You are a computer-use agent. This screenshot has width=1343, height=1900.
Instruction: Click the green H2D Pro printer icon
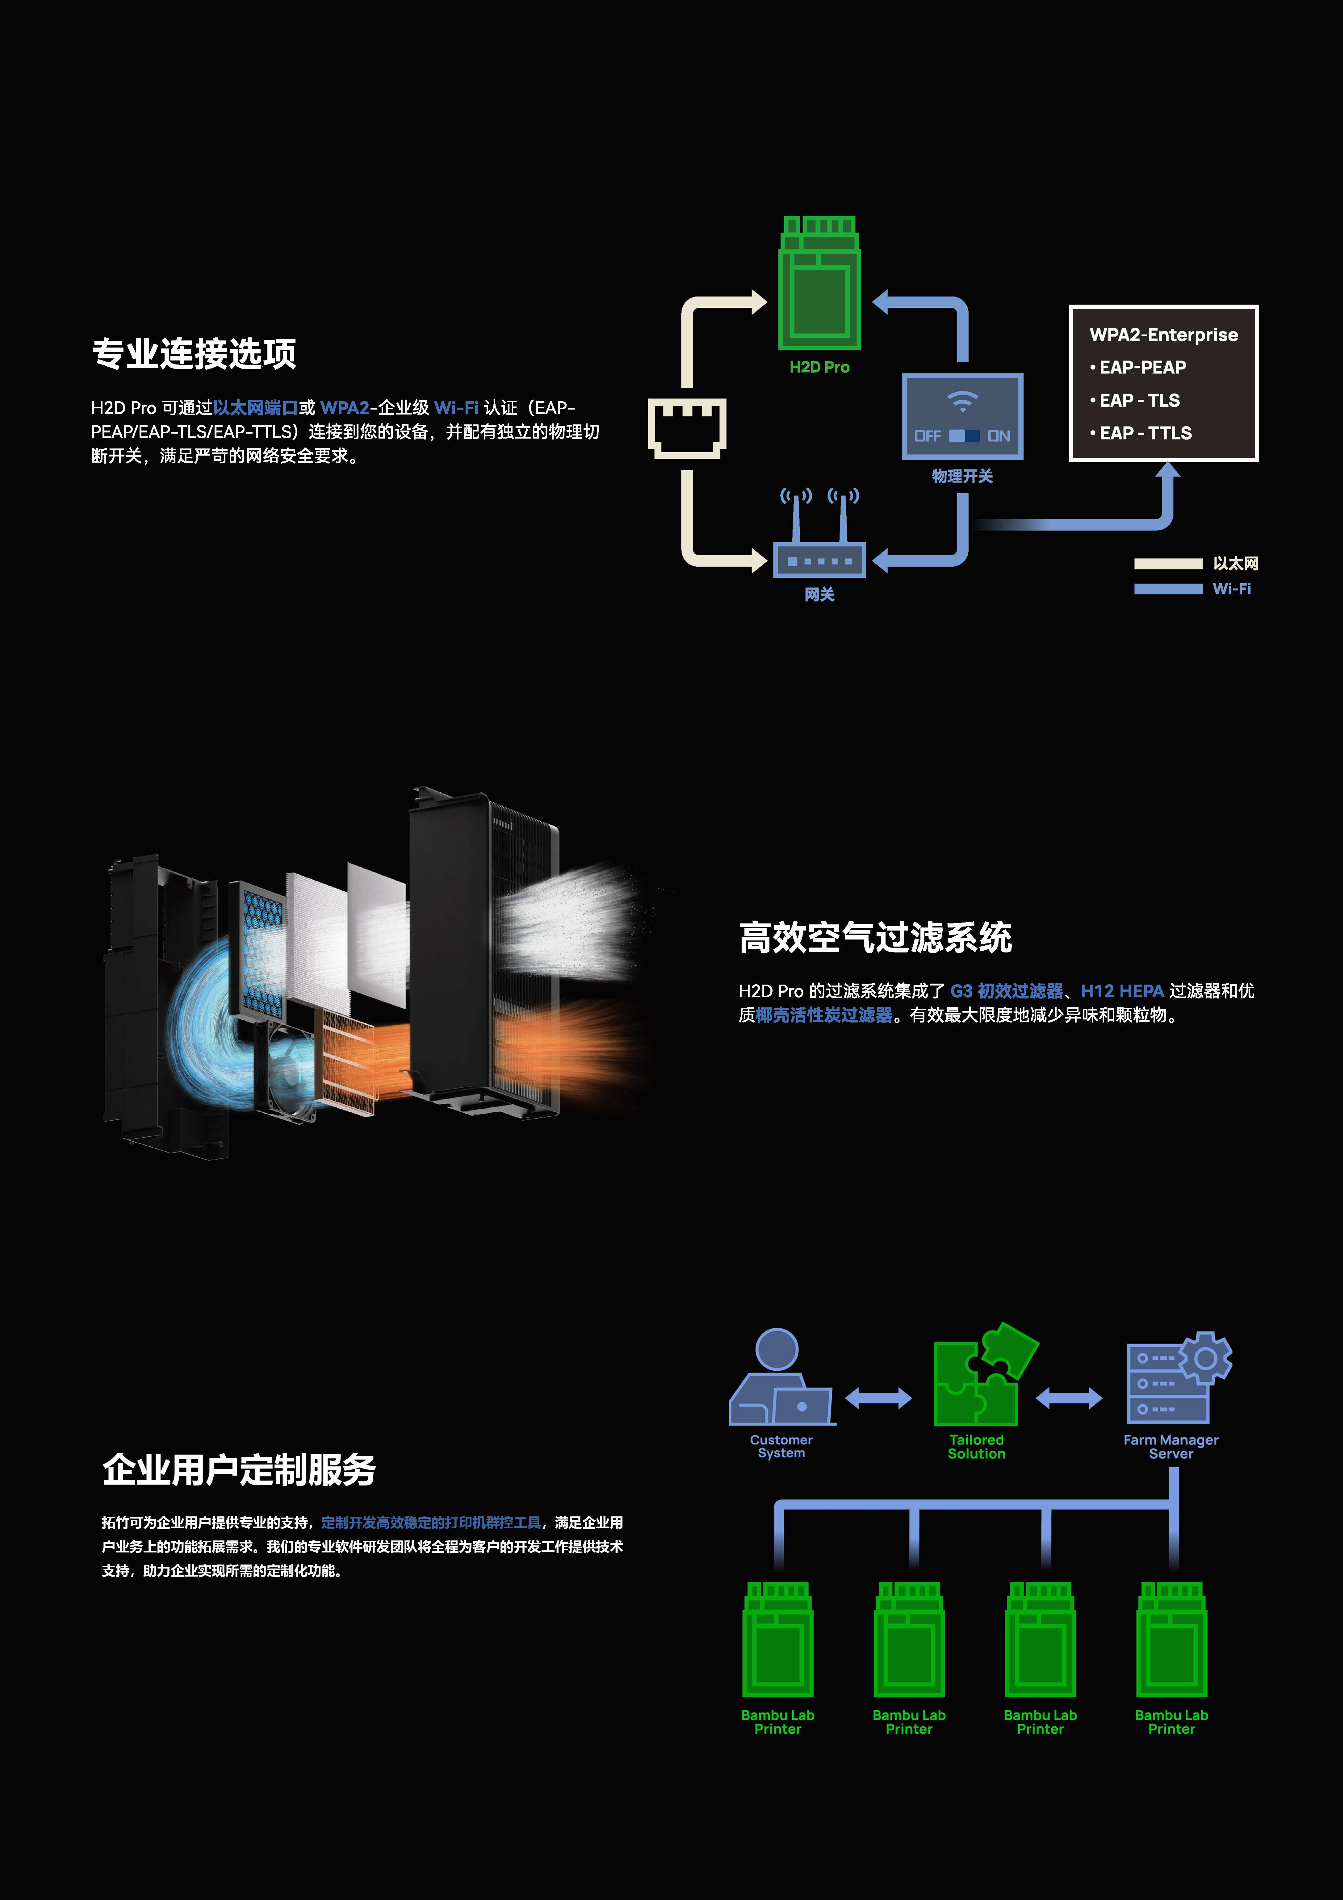819,283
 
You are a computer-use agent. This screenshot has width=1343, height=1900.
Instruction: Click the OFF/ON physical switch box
962,416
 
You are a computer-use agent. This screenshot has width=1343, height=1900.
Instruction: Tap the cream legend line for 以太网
1168,564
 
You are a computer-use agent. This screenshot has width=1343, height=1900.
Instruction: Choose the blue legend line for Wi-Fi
1168,588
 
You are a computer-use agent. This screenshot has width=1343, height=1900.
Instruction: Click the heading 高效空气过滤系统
875,938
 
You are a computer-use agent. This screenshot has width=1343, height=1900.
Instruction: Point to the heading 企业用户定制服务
239,1470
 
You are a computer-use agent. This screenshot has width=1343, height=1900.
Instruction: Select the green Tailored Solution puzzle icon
985,1374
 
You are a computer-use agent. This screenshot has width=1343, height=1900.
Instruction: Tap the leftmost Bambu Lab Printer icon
778,1638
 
